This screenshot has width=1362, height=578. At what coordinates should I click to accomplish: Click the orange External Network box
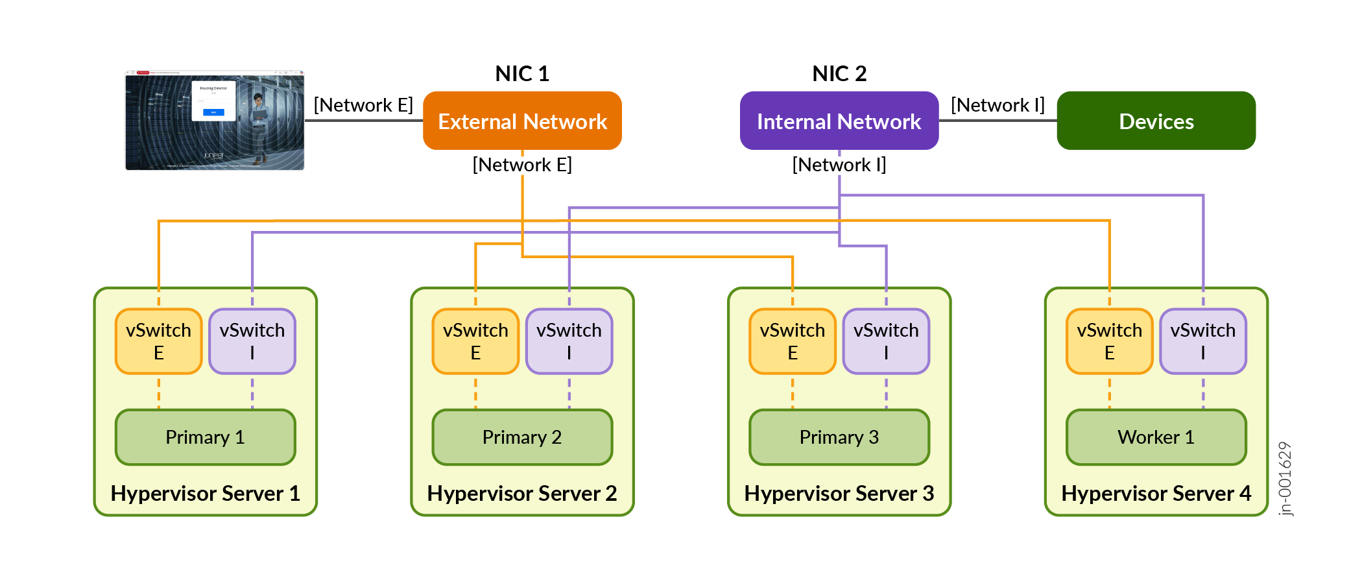[x=522, y=121]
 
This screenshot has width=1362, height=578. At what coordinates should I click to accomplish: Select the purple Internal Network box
[x=839, y=121]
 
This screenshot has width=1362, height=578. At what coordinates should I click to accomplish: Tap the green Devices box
[x=1156, y=121]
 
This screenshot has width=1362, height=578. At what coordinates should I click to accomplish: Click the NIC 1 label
[x=522, y=73]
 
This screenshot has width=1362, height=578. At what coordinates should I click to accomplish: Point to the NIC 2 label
[x=839, y=73]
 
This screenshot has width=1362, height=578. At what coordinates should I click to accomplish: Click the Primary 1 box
[x=205, y=437]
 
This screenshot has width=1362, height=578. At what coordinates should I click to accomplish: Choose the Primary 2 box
[x=522, y=437]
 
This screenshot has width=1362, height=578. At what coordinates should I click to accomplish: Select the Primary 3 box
[x=839, y=437]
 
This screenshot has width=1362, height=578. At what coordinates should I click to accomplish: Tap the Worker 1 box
[x=1156, y=437]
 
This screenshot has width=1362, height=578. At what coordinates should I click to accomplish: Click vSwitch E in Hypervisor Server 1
[x=159, y=341]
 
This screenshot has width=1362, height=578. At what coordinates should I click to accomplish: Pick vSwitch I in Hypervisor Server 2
[x=569, y=341]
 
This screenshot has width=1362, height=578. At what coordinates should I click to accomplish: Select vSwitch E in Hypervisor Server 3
[x=793, y=341]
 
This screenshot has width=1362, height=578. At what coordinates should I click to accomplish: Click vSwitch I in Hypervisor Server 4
[x=1203, y=341]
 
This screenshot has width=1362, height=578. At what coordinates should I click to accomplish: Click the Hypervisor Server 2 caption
[x=522, y=494]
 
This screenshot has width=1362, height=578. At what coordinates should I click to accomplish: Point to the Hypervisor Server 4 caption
[x=1156, y=494]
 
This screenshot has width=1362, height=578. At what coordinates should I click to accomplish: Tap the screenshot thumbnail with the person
[x=215, y=121]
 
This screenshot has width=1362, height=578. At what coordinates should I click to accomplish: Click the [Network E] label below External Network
[x=522, y=165]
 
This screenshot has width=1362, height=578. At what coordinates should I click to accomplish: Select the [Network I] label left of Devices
[x=998, y=105]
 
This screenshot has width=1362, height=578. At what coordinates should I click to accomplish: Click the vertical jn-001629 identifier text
[x=1285, y=479]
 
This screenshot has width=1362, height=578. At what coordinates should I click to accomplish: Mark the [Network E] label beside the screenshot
[x=363, y=105]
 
